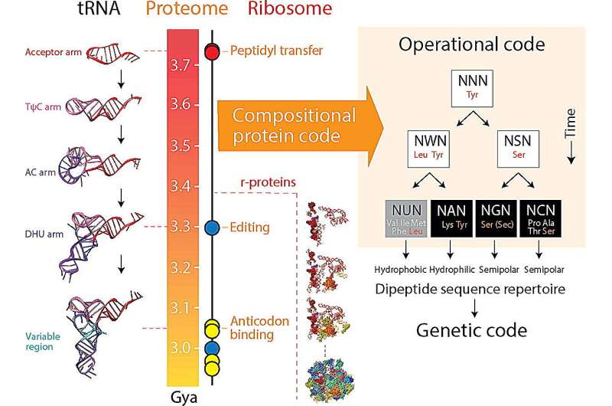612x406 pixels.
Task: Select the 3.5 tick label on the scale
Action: tap(182, 146)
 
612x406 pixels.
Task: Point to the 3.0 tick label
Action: tap(182, 349)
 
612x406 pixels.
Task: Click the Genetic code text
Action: tap(472, 331)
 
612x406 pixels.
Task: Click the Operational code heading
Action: tap(472, 44)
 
